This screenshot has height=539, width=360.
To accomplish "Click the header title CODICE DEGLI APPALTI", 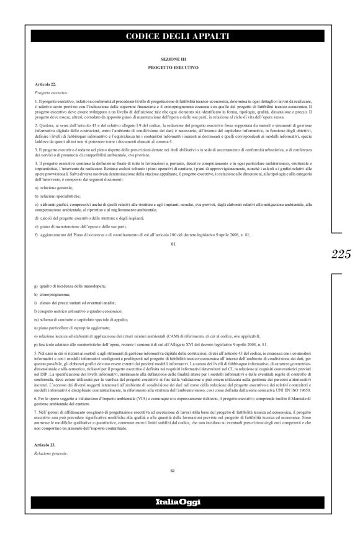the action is pos(177,37).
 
